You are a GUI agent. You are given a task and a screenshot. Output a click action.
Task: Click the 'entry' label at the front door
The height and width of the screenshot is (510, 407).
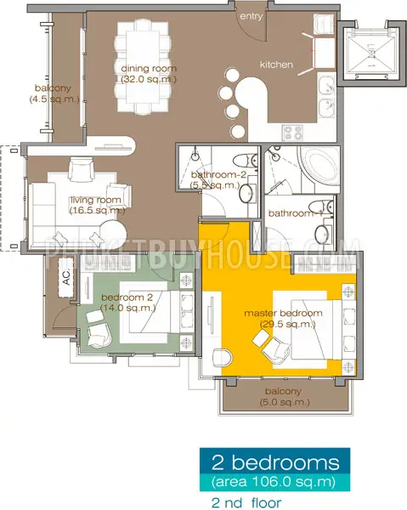click(251, 17)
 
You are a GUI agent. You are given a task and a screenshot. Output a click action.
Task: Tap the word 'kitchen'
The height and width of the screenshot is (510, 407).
click(276, 65)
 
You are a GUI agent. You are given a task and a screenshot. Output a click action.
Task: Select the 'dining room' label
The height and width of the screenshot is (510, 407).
click(149, 69)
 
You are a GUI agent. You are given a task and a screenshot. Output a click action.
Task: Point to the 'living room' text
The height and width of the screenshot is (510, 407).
click(96, 200)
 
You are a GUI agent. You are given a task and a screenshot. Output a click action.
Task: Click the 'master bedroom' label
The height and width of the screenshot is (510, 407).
click(283, 313)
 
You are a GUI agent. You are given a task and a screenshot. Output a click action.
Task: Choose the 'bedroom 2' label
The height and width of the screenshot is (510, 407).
click(127, 297)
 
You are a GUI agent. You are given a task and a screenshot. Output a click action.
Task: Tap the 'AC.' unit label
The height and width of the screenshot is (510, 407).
click(66, 278)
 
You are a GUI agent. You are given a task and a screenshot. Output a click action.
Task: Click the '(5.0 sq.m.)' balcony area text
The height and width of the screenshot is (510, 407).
click(285, 402)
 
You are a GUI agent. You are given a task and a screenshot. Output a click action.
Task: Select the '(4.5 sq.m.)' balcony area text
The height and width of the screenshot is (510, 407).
click(54, 99)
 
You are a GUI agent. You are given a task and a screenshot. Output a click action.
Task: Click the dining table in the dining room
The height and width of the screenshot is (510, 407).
click(143, 66)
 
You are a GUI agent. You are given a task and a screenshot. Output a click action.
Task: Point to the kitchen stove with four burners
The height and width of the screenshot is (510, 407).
click(293, 133)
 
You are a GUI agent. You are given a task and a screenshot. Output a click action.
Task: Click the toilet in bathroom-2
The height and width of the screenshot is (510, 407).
click(246, 160)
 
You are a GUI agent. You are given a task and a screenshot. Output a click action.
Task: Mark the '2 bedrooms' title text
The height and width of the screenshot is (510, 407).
click(275, 462)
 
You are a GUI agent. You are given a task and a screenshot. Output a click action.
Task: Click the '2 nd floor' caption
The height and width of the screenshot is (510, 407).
click(246, 503)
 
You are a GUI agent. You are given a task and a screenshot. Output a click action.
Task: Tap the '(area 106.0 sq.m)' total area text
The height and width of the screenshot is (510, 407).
click(274, 482)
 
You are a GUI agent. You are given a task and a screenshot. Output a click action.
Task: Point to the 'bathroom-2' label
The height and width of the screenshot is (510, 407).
click(218, 174)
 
